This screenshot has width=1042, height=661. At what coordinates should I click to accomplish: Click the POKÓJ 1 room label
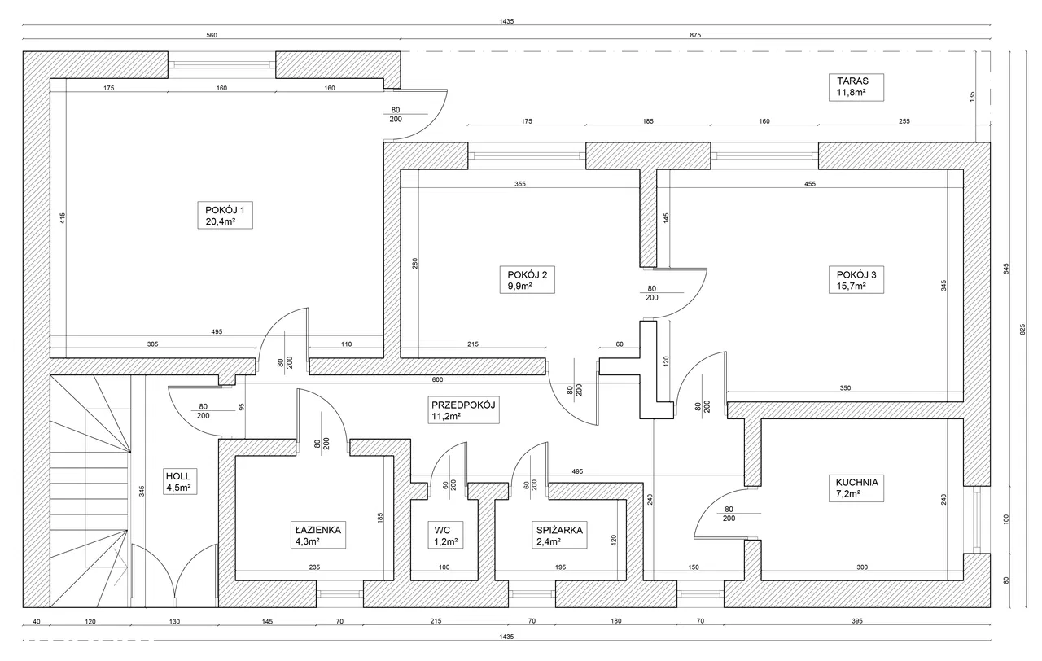(225, 216)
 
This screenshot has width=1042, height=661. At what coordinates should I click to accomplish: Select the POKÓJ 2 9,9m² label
(528, 280)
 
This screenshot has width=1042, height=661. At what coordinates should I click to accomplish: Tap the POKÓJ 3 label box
(856, 280)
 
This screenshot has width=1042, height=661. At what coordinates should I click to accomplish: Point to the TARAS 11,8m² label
(856, 87)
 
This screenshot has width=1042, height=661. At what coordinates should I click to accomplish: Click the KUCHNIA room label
(856, 488)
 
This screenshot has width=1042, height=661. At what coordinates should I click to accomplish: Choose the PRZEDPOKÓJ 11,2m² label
(463, 410)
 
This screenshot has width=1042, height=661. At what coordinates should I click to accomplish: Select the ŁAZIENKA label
(318, 535)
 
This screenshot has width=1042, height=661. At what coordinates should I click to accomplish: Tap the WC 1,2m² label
(445, 535)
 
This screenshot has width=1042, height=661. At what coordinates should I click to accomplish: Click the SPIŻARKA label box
(559, 535)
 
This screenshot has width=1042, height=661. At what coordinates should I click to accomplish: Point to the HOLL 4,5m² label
(180, 481)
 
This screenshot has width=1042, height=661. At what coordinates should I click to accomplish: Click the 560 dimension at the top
(212, 35)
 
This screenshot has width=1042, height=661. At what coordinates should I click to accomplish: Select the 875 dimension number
(695, 35)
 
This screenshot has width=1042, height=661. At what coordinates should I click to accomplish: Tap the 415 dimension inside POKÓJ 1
(63, 219)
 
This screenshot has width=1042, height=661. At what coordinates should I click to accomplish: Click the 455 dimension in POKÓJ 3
(810, 184)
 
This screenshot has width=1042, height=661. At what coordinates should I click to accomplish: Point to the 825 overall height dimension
(1022, 330)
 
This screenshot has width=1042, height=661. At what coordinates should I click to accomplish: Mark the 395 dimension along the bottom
(857, 621)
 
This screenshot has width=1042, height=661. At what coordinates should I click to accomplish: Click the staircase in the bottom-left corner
(90, 491)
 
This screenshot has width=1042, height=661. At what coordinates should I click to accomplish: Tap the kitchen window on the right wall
(976, 520)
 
